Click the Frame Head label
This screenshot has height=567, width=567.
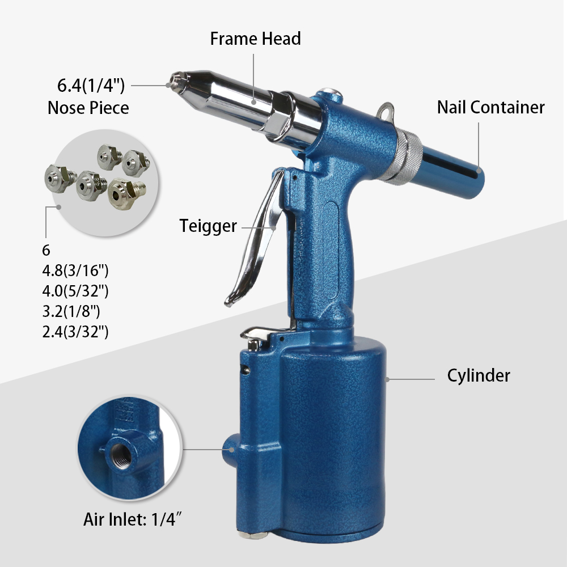click(255, 39)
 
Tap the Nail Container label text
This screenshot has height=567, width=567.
click(490, 107)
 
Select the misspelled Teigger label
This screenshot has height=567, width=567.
click(208, 226)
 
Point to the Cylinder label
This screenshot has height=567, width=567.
click(479, 375)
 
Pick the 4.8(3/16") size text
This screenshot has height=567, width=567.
click(75, 270)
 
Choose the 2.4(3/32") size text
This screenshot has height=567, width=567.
click(75, 332)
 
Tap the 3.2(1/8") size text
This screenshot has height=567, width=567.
click(71, 311)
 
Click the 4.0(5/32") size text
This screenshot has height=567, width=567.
click(75, 291)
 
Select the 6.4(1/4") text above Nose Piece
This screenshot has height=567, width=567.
click(91, 86)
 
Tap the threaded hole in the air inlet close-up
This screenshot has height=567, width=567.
click(121, 456)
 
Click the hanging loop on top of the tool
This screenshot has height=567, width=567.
click(386, 111)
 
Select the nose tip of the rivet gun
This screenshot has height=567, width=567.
click(177, 81)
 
